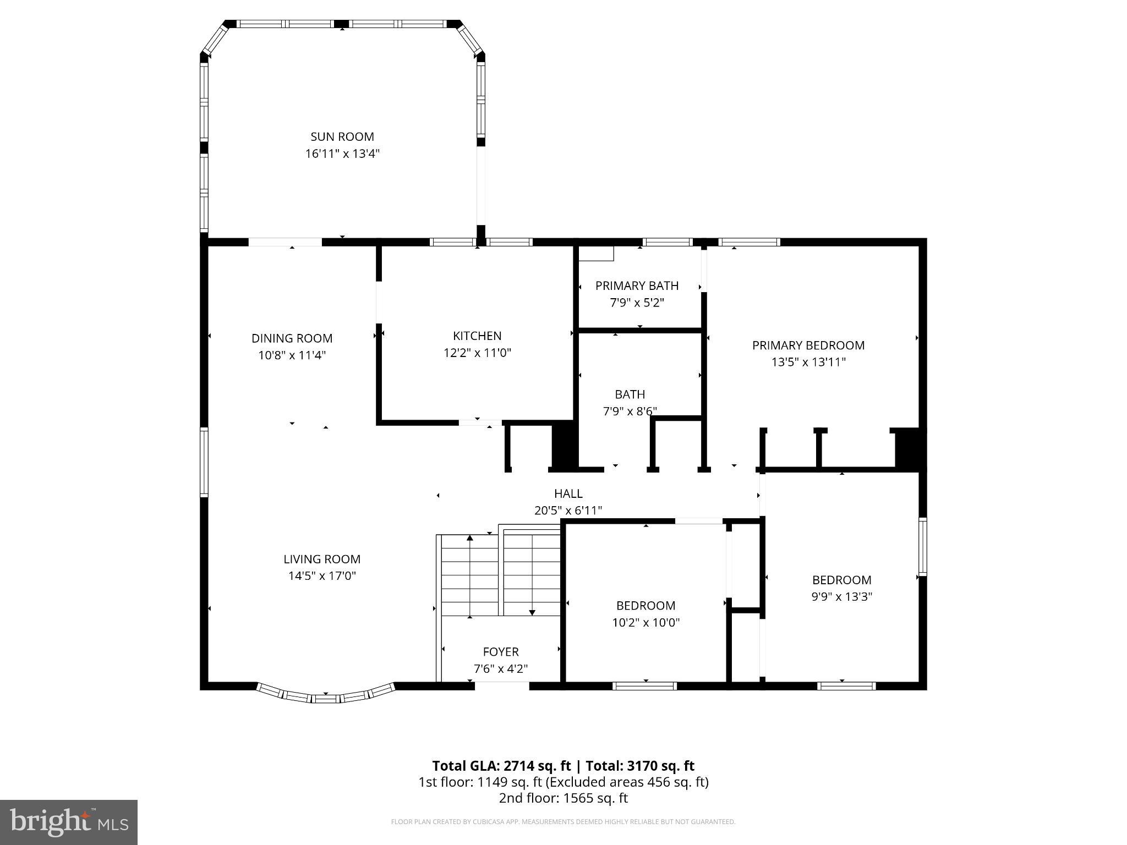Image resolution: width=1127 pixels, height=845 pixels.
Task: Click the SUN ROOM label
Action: click(342, 136)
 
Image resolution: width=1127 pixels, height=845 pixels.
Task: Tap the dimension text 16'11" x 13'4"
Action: click(342, 153)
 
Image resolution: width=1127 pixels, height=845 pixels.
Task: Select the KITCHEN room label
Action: click(477, 336)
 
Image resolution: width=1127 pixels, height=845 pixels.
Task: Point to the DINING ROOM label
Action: click(292, 338)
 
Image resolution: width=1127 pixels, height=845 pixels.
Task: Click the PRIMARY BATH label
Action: click(637, 286)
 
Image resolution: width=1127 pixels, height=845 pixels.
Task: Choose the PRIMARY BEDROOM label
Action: click(808, 345)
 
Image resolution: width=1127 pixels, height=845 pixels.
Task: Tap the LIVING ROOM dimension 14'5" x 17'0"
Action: click(322, 576)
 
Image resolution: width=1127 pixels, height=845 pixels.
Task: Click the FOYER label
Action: click(500, 652)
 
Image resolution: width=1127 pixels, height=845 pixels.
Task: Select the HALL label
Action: click(568, 493)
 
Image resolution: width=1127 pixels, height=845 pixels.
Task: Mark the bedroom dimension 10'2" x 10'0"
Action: click(645, 623)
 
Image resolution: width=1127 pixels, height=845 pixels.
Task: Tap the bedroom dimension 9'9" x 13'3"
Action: click(841, 597)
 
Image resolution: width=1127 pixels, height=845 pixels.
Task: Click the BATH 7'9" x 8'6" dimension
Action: click(630, 411)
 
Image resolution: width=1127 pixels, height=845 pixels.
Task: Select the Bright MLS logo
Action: click(68, 822)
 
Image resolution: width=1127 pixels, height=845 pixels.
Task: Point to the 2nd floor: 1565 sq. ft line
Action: click(563, 798)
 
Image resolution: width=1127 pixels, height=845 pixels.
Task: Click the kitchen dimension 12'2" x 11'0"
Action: click(477, 353)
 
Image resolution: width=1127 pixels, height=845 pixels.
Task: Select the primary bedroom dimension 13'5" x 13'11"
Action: click(808, 362)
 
